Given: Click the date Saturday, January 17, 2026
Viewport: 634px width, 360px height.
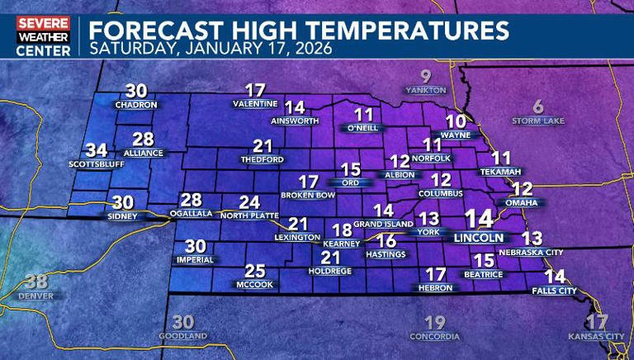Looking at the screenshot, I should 211,48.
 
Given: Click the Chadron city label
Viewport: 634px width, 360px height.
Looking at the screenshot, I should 137,106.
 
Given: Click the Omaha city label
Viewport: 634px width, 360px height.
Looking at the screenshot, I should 522,203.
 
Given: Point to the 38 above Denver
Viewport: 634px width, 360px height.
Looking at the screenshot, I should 36,282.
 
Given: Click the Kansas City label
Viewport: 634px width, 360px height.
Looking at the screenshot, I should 597,336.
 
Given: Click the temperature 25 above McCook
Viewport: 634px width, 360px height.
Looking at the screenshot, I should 255,271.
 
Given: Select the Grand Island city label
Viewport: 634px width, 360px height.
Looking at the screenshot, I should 383,225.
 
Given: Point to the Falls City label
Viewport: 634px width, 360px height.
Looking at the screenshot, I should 554,291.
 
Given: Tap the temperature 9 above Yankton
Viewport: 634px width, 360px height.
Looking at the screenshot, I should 426,76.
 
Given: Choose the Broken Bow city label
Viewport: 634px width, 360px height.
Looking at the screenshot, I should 308,195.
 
